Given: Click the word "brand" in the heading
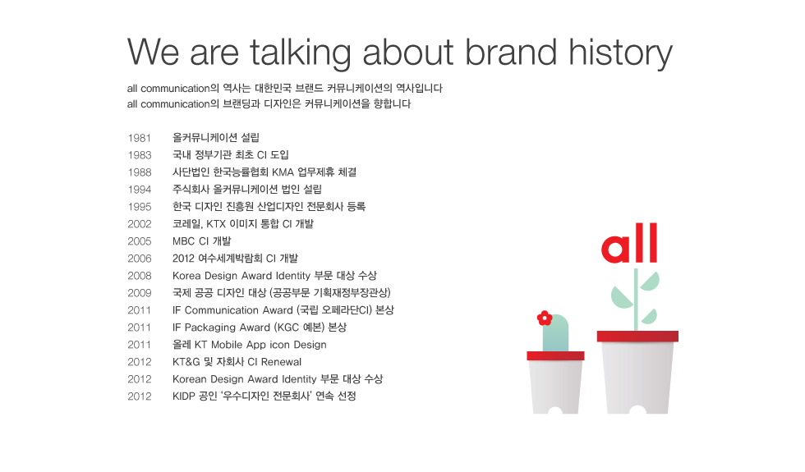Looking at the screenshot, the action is tap(511, 53).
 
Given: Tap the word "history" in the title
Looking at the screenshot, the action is tap(620, 54).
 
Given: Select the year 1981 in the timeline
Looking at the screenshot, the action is tap(139, 138).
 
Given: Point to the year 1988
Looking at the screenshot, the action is tap(140, 172).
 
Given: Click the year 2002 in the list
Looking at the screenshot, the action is tap(140, 224).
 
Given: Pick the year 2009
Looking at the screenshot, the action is tap(140, 293).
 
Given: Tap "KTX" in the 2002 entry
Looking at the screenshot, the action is tap(215, 224).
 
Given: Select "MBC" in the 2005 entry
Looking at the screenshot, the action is tap(183, 241).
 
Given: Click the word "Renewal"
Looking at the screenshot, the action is tap(281, 362).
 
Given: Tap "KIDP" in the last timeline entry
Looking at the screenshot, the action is tap(184, 396).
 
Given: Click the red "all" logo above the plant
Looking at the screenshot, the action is tap(629, 243).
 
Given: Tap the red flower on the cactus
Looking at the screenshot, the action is tap(544, 318).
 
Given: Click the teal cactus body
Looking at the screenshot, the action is tap(555, 333).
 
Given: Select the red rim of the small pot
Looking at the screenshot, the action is tap(555, 355).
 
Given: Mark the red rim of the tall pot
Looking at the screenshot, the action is tap(637, 336).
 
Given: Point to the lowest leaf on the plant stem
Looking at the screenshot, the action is tap(649, 317).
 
